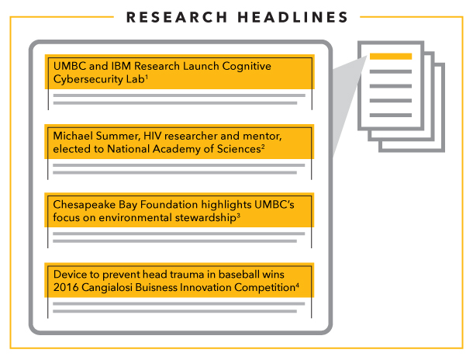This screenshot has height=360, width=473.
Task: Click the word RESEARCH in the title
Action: [177, 17]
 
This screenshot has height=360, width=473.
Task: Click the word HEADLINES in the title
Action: [293, 17]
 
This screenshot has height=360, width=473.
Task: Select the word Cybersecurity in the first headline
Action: [82, 79]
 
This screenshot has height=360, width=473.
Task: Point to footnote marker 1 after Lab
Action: [147, 77]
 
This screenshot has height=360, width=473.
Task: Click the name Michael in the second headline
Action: [73, 136]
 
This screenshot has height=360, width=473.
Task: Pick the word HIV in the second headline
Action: [152, 136]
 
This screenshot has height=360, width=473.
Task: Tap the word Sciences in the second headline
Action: [239, 149]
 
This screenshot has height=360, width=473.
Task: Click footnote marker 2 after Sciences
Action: [263, 147]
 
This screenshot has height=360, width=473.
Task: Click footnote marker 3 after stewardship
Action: [239, 215]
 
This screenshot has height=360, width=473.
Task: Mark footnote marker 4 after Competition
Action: [298, 286]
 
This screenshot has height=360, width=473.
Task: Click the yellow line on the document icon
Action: [391, 57]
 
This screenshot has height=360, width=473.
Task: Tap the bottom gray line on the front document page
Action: [391, 115]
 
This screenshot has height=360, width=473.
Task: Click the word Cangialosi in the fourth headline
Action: [107, 287]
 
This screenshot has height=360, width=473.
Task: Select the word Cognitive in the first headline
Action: [247, 67]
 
